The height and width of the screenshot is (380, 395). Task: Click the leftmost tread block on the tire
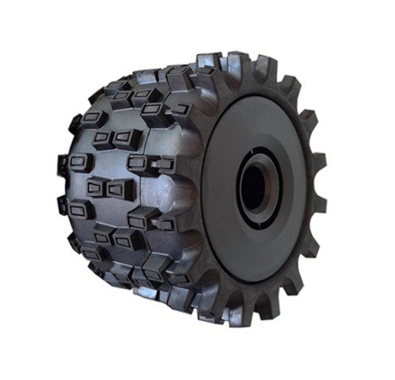click(63, 167)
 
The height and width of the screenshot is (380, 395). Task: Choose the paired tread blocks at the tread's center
click(106, 190)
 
